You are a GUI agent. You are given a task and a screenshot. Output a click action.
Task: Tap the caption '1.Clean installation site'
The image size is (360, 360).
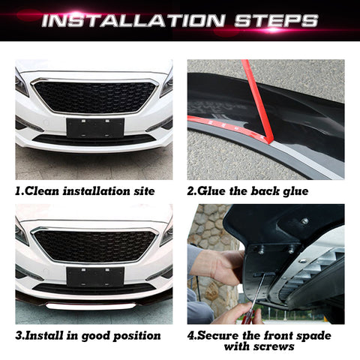click(x=85, y=191)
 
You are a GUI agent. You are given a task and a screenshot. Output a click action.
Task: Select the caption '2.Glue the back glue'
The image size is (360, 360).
click(x=247, y=191)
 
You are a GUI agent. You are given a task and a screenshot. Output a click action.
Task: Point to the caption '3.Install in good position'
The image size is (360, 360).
click(x=88, y=335)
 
